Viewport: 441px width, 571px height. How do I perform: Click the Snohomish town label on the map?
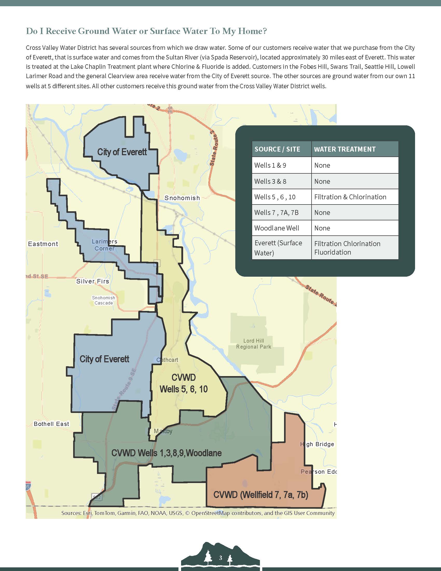click(182, 198)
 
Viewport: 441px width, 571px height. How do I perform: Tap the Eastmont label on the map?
click(43, 244)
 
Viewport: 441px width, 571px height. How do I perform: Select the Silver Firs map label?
click(93, 281)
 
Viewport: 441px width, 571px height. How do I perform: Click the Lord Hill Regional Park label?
click(253, 344)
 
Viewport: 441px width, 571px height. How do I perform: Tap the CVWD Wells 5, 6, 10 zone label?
click(184, 383)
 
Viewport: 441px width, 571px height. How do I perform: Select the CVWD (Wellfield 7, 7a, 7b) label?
click(261, 495)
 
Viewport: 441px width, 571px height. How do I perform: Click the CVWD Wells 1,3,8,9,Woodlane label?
click(167, 453)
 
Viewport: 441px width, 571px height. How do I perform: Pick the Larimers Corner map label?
click(105, 245)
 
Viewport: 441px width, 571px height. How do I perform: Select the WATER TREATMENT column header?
click(344, 149)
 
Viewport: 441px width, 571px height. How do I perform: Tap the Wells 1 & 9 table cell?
click(270, 165)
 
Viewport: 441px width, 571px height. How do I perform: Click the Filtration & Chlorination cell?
click(350, 197)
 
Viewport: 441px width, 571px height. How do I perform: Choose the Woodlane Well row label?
click(277, 228)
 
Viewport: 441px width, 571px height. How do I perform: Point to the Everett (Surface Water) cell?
click(278, 248)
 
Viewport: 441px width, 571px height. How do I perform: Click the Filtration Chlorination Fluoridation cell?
click(347, 248)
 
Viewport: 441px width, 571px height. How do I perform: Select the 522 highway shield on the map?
click(97, 497)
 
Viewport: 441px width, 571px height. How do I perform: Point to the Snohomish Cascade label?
click(104, 300)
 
